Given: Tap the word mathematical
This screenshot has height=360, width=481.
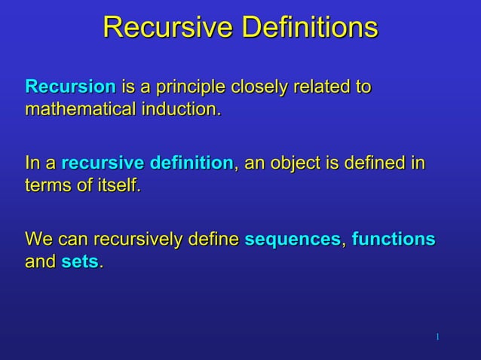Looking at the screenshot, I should (81, 109).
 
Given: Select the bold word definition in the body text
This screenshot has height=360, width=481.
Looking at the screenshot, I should (191, 163).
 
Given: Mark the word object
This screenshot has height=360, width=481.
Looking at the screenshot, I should (300, 163).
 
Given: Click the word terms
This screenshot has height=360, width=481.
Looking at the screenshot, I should (48, 185).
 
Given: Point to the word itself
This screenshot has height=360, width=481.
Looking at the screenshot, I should (114, 185).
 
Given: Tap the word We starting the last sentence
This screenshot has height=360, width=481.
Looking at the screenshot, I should (38, 239).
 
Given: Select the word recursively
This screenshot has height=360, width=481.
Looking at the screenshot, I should (134, 240).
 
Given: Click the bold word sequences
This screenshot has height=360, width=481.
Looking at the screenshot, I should (293, 240).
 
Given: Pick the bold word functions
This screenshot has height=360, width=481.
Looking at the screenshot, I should (393, 239).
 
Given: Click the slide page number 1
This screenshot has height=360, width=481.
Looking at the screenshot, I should (437, 334).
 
